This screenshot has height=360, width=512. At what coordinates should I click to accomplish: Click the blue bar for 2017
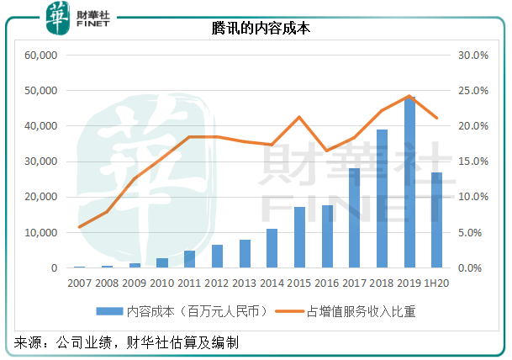[x=354, y=218]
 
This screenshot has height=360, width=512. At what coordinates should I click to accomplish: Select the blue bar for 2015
[x=299, y=237]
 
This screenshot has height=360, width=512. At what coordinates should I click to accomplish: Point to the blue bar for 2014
[x=272, y=248]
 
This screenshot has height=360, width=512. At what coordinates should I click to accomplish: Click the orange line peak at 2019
[x=409, y=96]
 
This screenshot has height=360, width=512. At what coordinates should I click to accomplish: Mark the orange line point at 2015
[x=299, y=117]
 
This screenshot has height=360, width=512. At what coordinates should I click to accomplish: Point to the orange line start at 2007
[x=80, y=227]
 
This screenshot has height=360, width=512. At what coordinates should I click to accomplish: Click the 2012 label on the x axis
[x=217, y=283]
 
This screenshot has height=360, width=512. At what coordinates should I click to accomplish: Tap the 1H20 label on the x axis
[x=435, y=283]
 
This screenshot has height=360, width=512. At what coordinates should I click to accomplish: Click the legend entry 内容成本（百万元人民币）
[x=185, y=311]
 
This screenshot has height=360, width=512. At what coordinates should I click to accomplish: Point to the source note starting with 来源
[x=126, y=343]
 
